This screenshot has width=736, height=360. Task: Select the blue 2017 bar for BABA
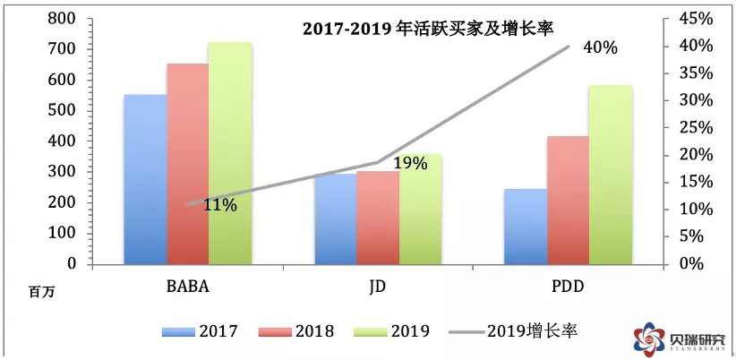(144, 179)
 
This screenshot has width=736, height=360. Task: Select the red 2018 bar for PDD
(568, 201)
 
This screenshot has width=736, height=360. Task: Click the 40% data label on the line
(600, 47)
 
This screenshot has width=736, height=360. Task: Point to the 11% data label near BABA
(220, 206)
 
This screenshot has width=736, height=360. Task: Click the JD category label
(378, 287)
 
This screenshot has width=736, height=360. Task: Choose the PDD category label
(567, 287)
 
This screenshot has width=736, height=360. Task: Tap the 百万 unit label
(41, 291)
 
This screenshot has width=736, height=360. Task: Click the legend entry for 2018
(295, 331)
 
